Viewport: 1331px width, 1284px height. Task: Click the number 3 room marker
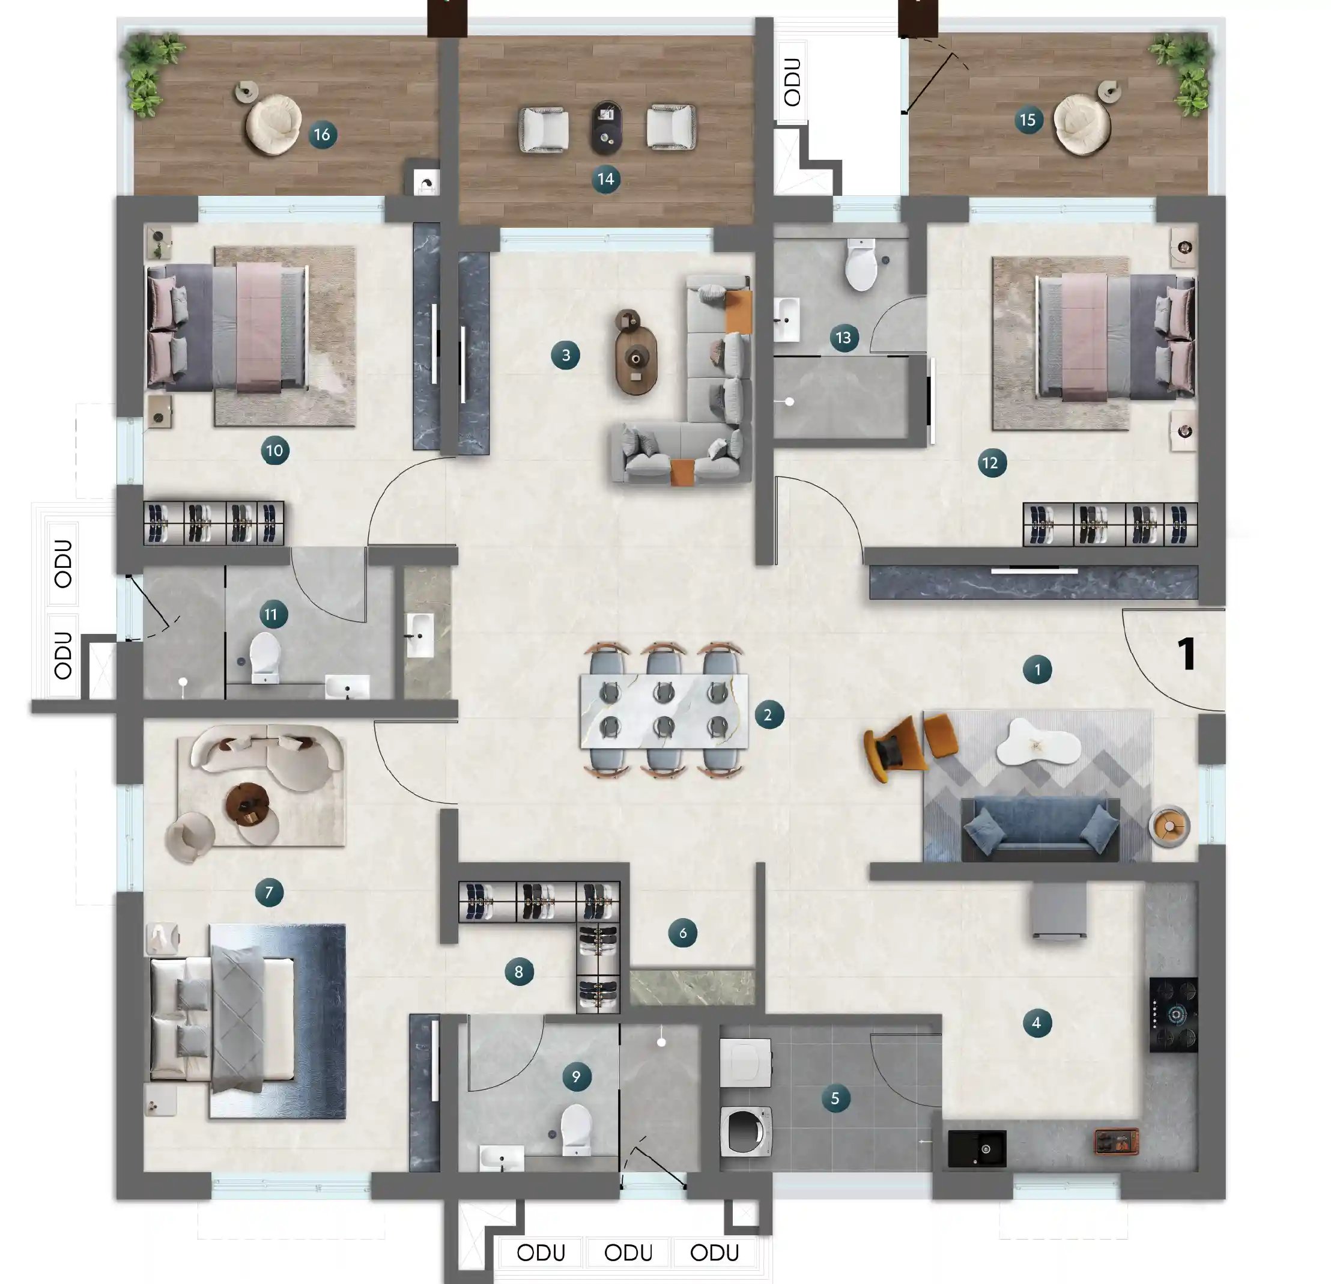(x=565, y=354)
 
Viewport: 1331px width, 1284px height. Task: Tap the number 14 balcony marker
(x=605, y=180)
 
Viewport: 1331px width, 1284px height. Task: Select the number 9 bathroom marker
(x=576, y=1076)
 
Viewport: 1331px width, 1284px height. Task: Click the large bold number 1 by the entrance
(x=1186, y=654)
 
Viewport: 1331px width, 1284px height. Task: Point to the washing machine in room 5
(x=745, y=1132)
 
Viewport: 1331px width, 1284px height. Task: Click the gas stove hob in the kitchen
(x=1174, y=1015)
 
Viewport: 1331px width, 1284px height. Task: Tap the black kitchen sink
(x=977, y=1148)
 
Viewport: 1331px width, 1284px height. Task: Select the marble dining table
(x=664, y=711)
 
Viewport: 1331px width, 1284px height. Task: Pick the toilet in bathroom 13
(x=861, y=266)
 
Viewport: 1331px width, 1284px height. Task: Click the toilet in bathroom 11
(x=265, y=656)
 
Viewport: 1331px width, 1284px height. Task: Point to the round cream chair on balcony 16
(x=273, y=124)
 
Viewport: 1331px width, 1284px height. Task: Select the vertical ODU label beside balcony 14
(x=792, y=82)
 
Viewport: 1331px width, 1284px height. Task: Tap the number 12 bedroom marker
(x=991, y=463)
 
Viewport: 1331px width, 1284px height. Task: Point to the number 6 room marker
(x=682, y=933)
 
